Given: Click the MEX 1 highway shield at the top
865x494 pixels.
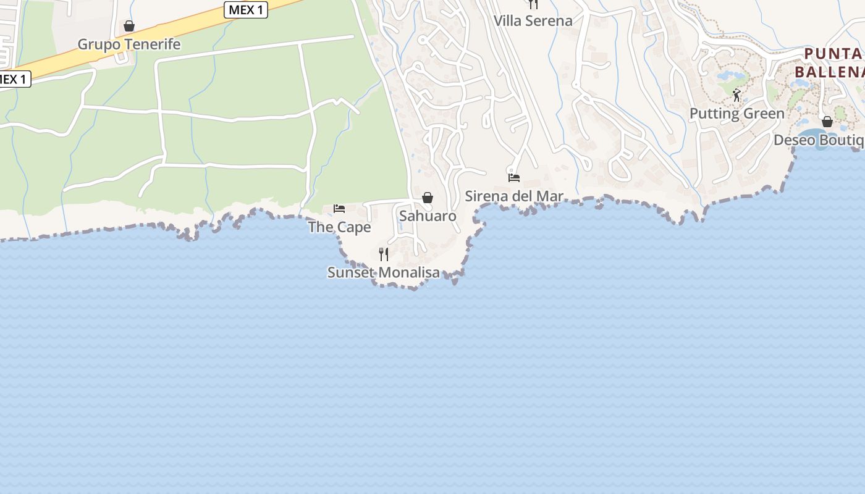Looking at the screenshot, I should [245, 10].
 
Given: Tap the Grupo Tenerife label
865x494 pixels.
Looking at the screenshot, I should [129, 44].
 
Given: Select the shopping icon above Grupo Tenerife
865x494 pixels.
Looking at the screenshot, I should [129, 26].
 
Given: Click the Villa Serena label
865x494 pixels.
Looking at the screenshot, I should [533, 20].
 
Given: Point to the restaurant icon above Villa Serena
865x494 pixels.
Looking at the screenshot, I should [533, 4].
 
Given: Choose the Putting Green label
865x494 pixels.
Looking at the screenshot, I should [736, 114].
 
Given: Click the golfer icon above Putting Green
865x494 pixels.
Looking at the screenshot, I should [736, 95].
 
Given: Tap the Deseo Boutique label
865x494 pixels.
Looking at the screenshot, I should [819, 140].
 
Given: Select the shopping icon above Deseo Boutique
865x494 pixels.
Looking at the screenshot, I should [827, 122].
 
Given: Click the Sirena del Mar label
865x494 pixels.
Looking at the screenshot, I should [514, 196].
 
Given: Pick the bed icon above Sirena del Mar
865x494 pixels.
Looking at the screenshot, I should [514, 178].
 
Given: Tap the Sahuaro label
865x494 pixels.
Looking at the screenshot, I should [428, 216].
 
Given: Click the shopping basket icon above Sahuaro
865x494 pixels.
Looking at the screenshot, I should [428, 198].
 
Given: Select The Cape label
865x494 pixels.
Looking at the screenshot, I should [339, 227].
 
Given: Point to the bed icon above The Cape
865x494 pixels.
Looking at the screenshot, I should [339, 209].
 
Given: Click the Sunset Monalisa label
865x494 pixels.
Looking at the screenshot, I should [384, 272].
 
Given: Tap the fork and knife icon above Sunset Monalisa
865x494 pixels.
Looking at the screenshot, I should [384, 254].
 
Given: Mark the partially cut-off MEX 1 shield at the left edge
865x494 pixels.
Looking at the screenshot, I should [14, 79].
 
